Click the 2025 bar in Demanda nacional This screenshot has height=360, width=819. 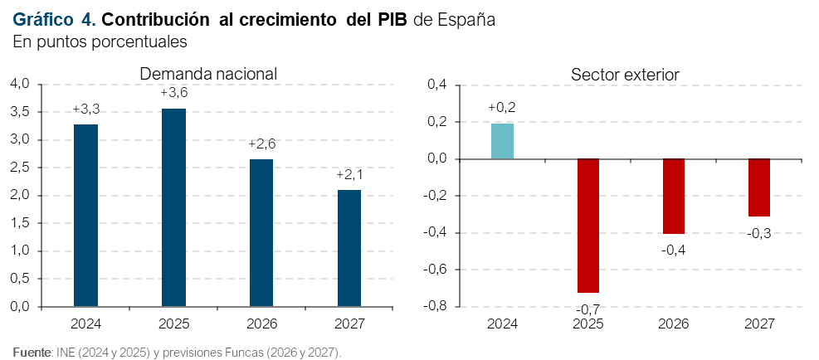point(173,207)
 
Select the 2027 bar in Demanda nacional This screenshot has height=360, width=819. point(349,248)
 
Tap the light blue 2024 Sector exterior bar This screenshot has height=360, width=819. point(502,141)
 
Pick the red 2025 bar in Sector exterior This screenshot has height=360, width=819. point(587,226)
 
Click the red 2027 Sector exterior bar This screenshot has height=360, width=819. point(759,187)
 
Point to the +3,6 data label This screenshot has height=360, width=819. point(174,93)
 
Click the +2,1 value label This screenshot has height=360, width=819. point(349,174)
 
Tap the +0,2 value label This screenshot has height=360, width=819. point(502,108)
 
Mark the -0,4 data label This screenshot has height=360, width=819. point(673,251)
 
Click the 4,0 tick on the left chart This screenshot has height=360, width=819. point(22,84)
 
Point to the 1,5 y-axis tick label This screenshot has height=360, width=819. point(22,224)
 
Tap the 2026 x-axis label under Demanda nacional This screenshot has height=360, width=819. point(261,324)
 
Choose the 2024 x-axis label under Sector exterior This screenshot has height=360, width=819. point(502,324)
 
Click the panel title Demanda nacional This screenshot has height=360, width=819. point(208,74)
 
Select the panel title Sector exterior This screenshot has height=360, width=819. point(625,75)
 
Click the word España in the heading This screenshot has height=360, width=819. point(466,19)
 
